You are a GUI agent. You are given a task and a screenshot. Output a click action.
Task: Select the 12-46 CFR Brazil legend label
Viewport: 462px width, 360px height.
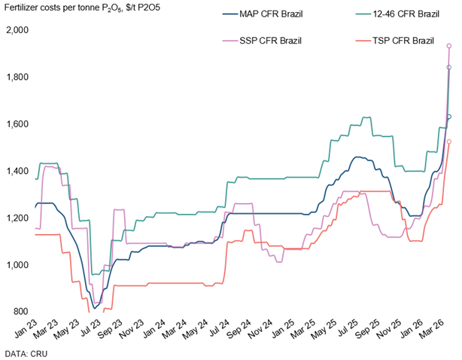pos(406,14)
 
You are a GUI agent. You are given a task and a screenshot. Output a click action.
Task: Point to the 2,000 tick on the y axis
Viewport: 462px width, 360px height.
pos(17,30)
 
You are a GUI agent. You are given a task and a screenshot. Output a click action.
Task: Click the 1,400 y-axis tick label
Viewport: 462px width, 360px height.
pos(17,171)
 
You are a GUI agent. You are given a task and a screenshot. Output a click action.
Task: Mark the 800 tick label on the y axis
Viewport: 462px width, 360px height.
pos(20,312)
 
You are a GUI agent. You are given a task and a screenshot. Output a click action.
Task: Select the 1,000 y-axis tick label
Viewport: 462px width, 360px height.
pos(17,265)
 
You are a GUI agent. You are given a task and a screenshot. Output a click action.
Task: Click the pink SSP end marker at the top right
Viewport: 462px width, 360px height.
pos(449,46)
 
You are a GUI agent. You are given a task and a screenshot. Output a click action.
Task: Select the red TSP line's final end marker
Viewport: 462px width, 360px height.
pos(449,142)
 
